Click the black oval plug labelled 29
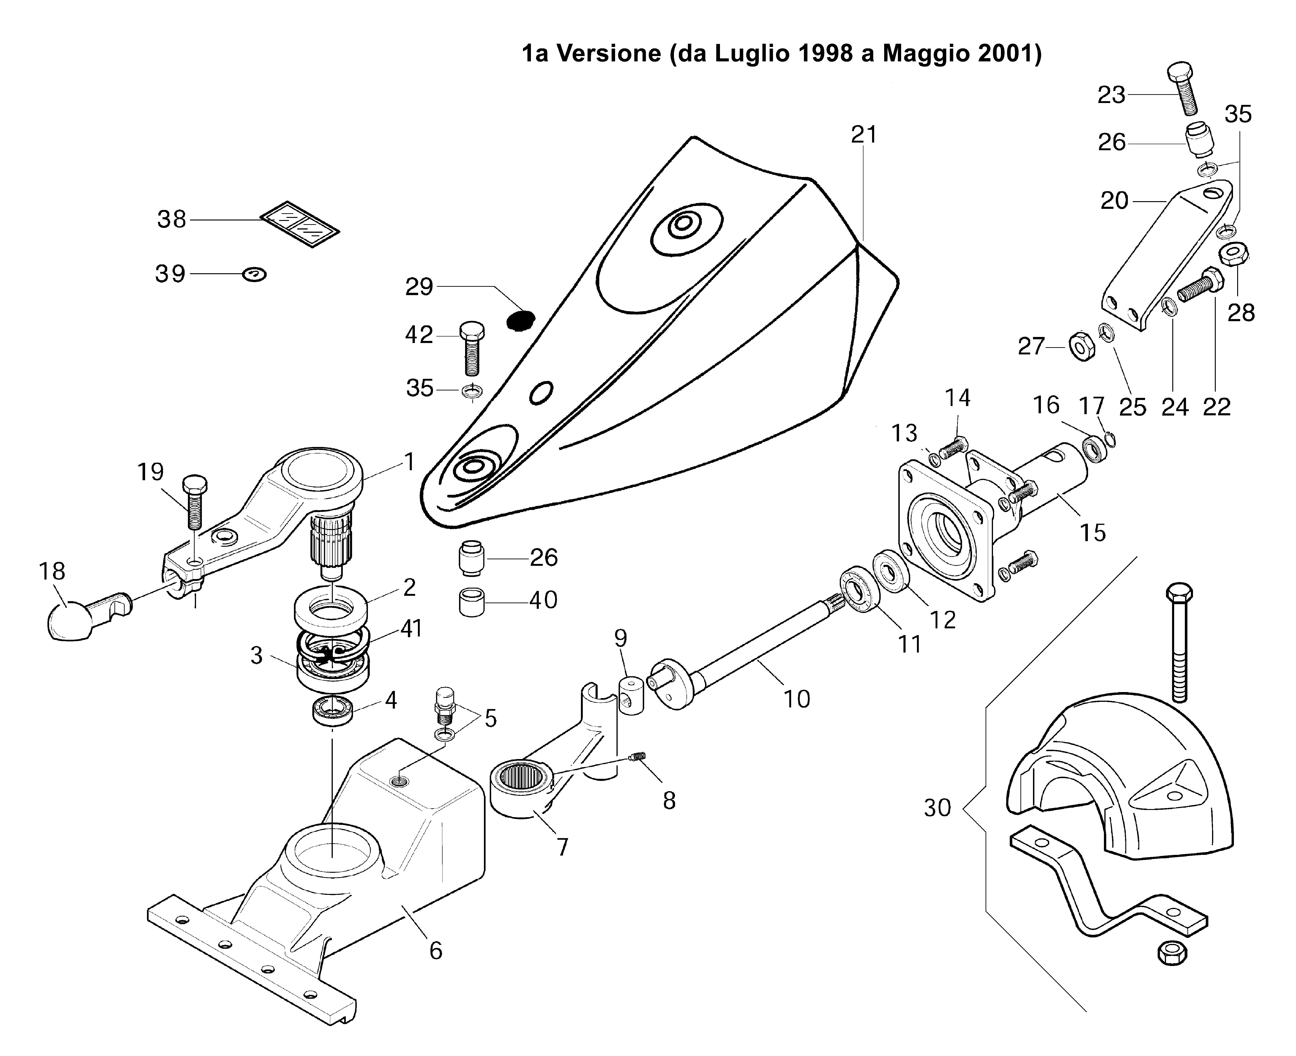point(521,321)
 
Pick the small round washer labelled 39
point(254,275)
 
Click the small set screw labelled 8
point(637,757)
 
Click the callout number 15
point(1092,533)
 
